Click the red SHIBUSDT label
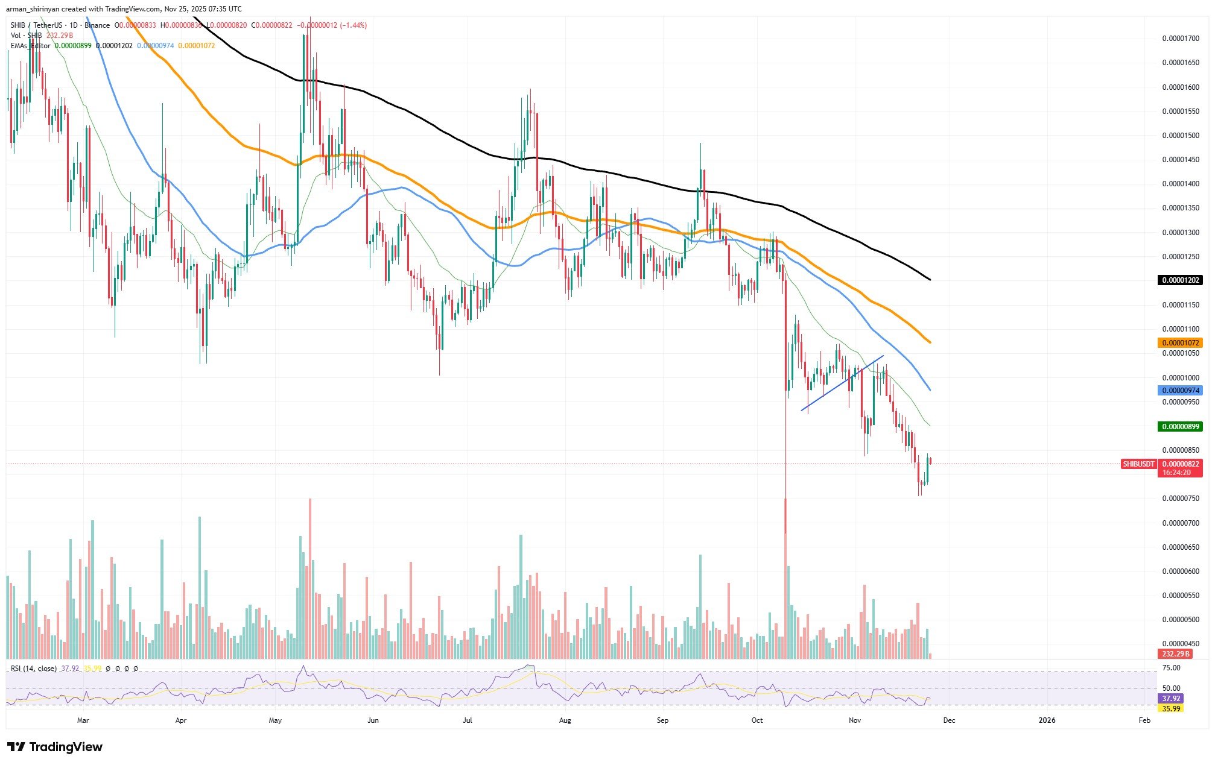click(x=1138, y=464)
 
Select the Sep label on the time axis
click(x=662, y=720)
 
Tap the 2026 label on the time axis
click(x=1047, y=720)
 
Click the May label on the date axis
click(x=275, y=720)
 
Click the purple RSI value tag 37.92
click(x=1171, y=698)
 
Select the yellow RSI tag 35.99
click(x=1171, y=708)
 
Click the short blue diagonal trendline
click(x=842, y=383)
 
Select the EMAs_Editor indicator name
click(x=31, y=46)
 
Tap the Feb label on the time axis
click(x=1144, y=720)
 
